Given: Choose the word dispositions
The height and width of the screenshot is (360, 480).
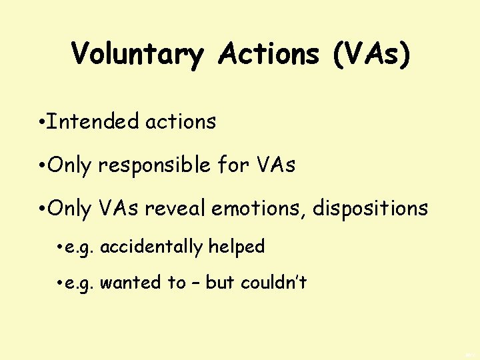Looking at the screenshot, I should click(x=371, y=209).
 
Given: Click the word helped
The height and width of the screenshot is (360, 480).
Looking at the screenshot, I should click(x=237, y=247).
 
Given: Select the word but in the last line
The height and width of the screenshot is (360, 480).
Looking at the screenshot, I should click(x=220, y=283).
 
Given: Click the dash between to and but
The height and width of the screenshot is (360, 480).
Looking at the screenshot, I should click(x=195, y=283).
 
